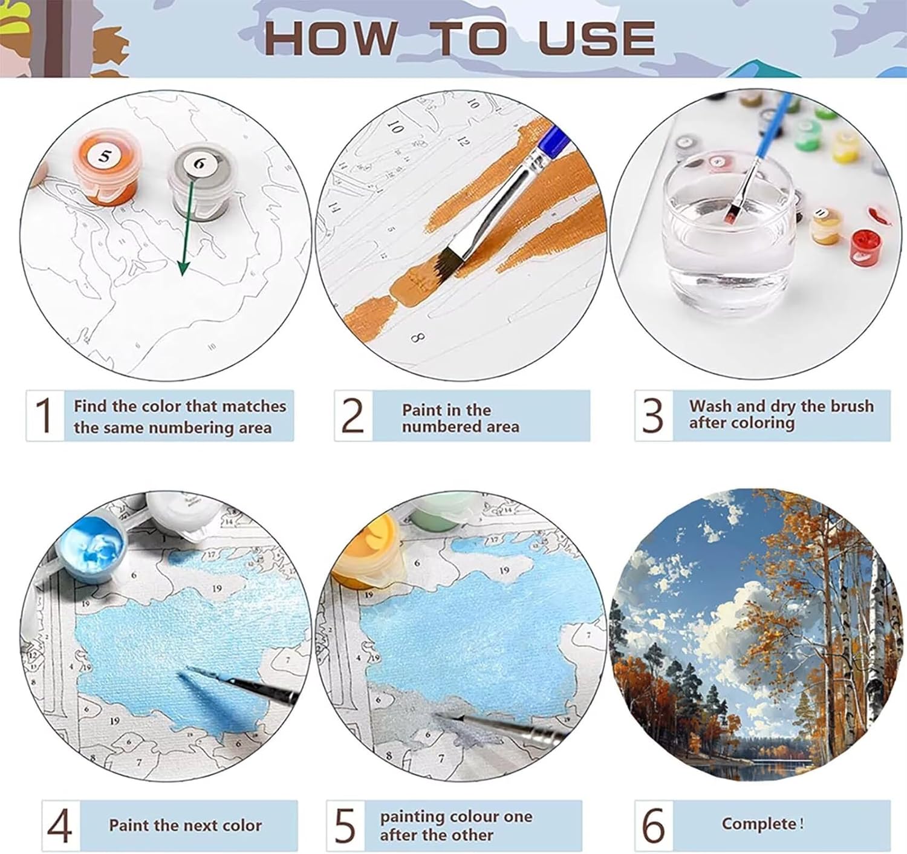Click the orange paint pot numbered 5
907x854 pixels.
point(105,168)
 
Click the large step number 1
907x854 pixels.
point(44,415)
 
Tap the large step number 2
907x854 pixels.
point(353,415)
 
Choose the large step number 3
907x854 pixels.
point(652,415)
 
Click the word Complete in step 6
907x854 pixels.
point(758,824)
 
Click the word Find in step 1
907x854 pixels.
point(89,406)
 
